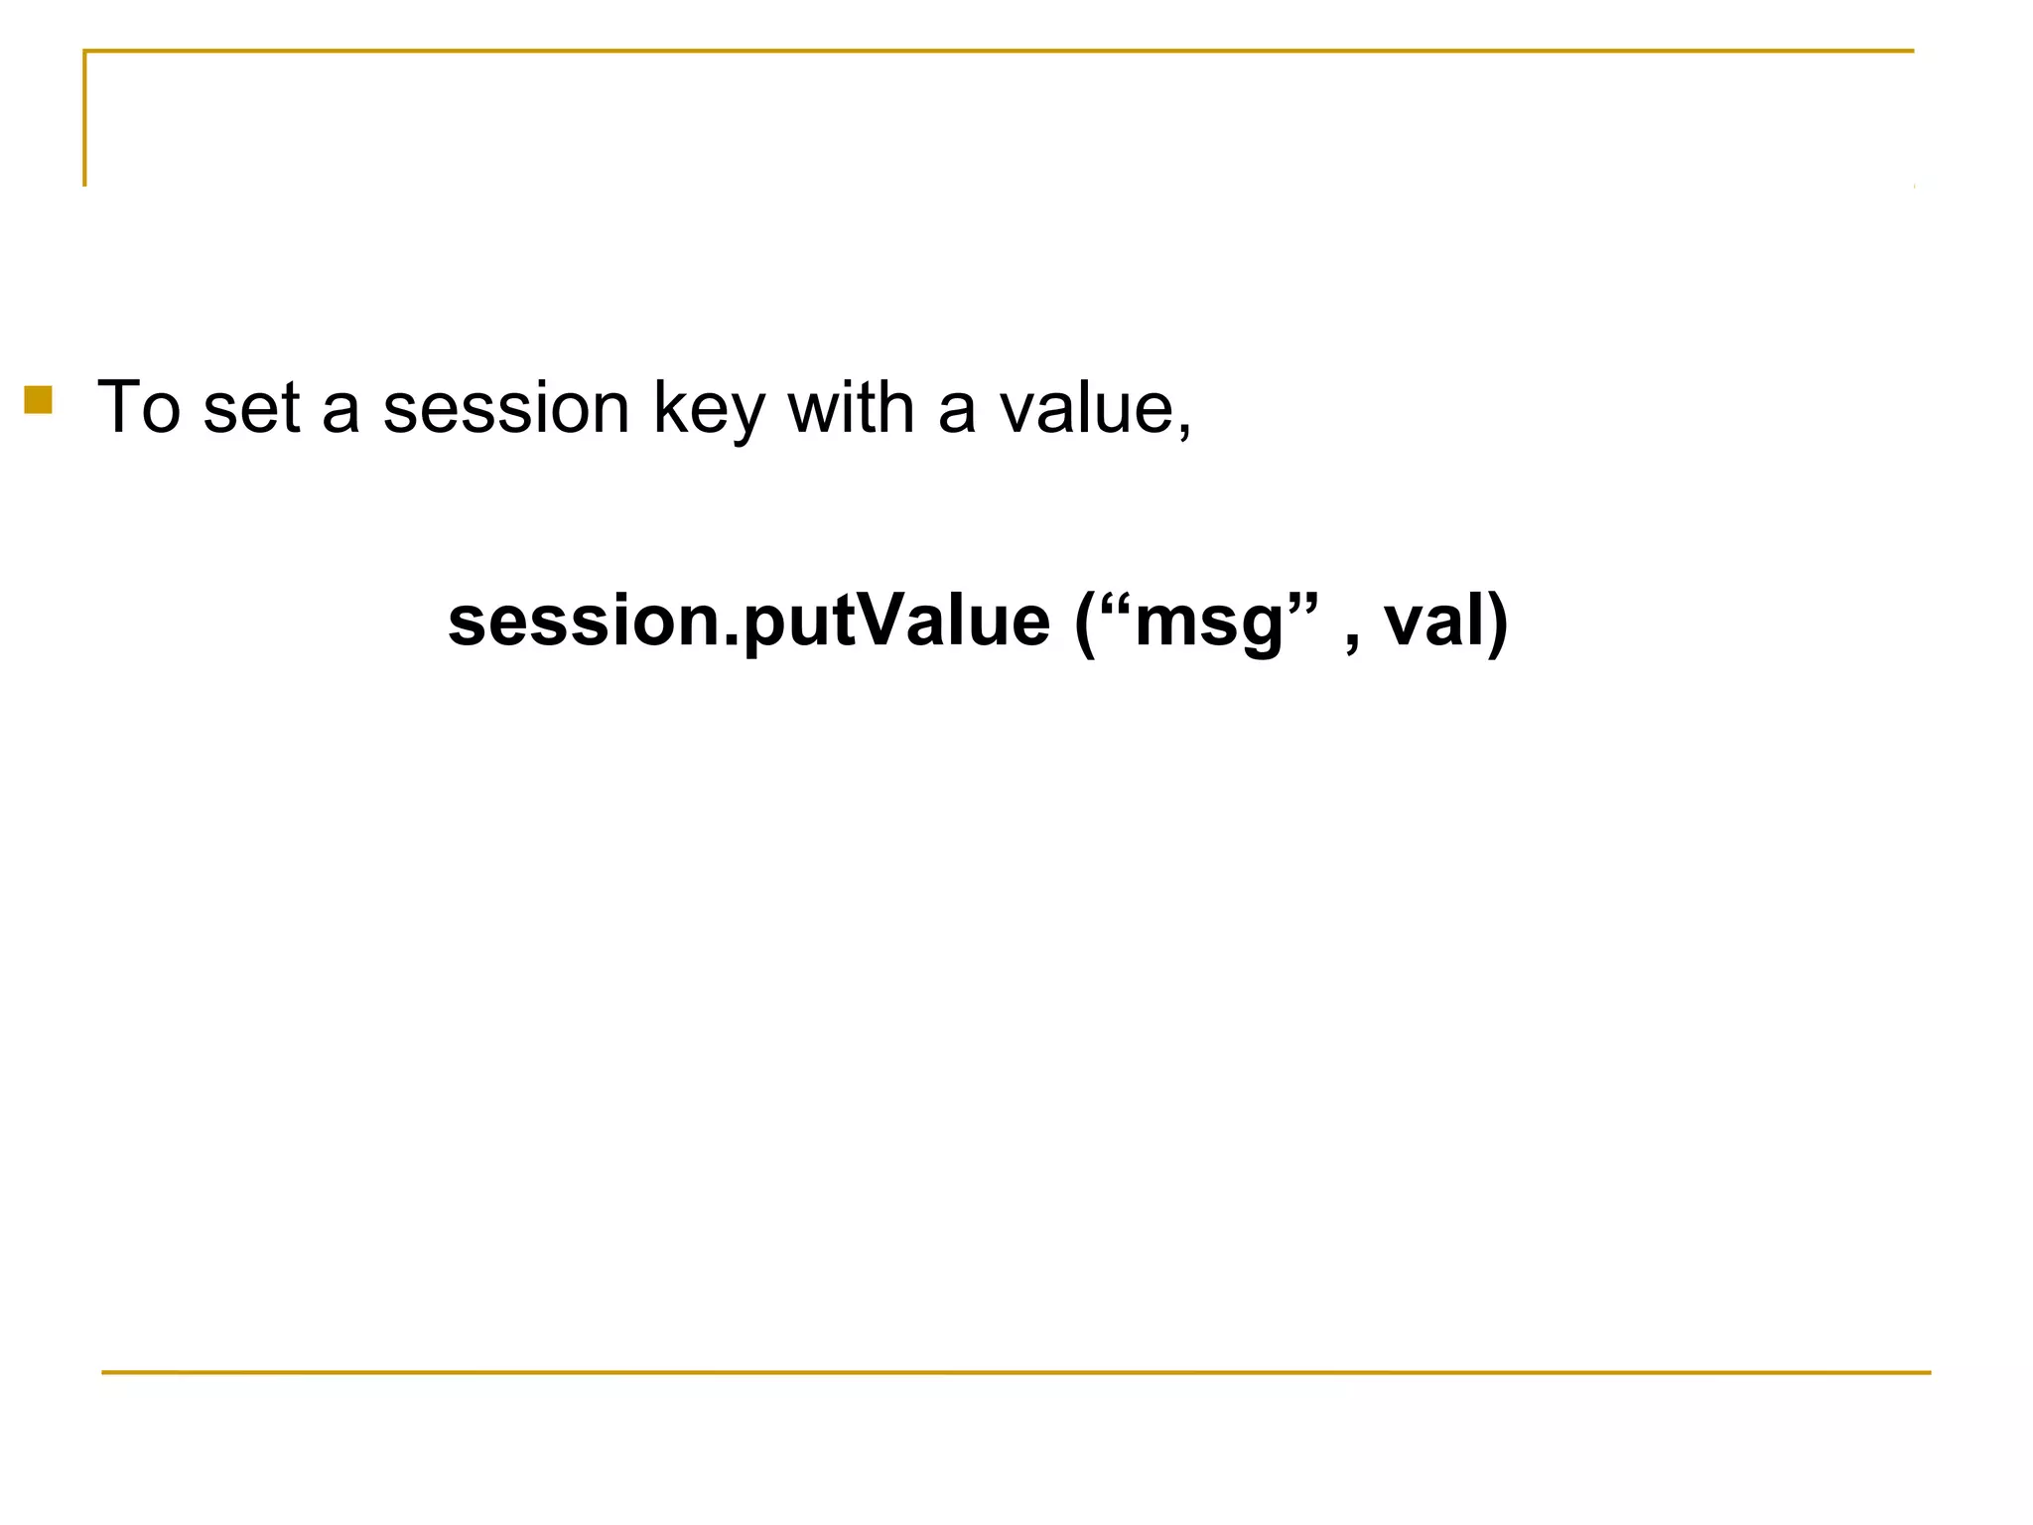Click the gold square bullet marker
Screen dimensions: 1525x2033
38,399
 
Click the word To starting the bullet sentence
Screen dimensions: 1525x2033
139,407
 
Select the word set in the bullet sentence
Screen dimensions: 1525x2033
250,407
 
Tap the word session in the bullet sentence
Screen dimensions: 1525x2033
506,407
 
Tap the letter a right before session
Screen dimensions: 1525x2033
340,411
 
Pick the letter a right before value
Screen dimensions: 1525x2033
957,411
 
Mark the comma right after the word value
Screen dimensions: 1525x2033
1184,431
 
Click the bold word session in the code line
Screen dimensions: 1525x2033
583,622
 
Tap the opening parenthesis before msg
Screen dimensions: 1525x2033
1085,624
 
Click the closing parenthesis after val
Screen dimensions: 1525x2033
1497,624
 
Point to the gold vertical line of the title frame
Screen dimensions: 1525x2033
84,119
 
